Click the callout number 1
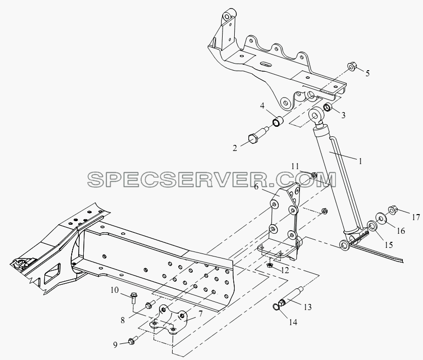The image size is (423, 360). coord(359,161)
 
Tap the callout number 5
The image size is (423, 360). coord(367,73)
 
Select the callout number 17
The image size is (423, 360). coord(416,217)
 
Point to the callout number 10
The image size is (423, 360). coord(115,290)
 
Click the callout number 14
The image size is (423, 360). coord(293,322)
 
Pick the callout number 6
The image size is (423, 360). coord(256,186)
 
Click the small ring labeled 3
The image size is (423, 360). coord(328,108)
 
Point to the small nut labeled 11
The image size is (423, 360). coord(313,175)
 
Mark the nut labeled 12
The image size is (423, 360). coord(269,266)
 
